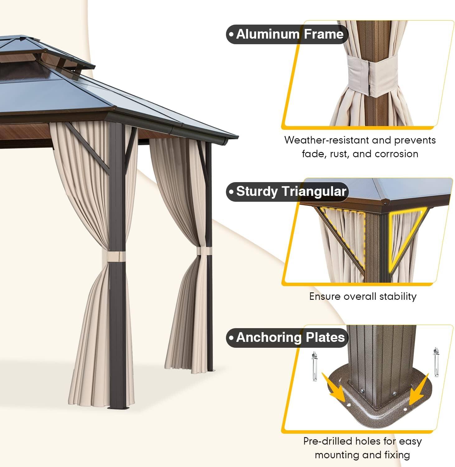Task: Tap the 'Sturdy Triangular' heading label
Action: point(287,191)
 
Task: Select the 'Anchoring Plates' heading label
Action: point(286,337)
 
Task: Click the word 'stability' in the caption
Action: point(398,296)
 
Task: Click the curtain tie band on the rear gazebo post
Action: point(204,251)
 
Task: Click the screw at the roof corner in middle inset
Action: point(386,204)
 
